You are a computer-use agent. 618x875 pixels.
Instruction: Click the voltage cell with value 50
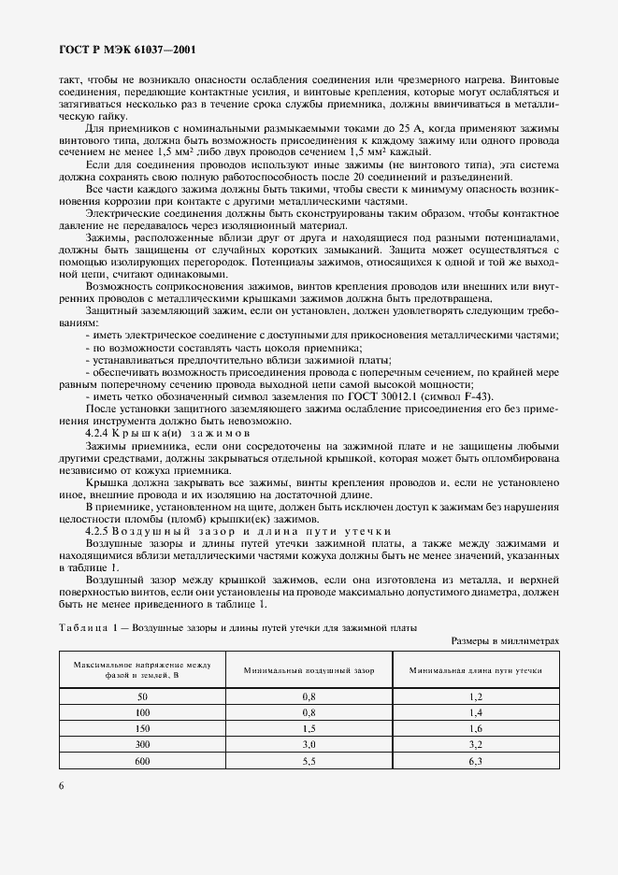(142, 697)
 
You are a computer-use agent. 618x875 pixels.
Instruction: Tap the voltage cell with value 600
(142, 761)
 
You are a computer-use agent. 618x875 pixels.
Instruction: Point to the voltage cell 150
(142, 729)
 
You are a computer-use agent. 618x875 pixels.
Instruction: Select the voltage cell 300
(142, 745)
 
